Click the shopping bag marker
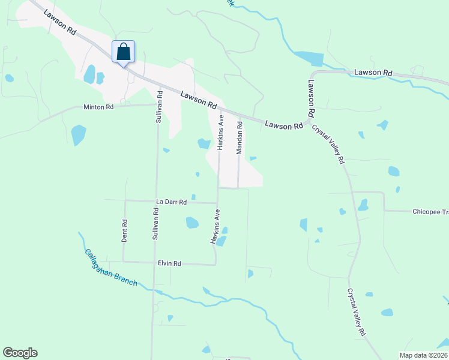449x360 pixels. pos(123,52)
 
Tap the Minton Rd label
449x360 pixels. pos(98,107)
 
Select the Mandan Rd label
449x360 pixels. pos(239,138)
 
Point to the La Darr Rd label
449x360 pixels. pos(172,202)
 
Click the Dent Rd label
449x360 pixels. pos(125,230)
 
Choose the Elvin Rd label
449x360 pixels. pos(169,263)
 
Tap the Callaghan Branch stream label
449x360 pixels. pos(111,268)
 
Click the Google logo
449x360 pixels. pos(20,353)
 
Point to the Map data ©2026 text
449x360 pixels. pos(423,355)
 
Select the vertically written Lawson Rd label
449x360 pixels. pos(312,98)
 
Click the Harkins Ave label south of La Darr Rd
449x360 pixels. pos(215,226)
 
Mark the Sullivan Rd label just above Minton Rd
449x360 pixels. pos(159,106)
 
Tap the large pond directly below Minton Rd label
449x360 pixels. pos(78,134)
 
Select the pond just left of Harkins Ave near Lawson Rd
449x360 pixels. pos(203,143)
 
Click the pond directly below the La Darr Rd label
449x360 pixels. pos(191,223)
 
